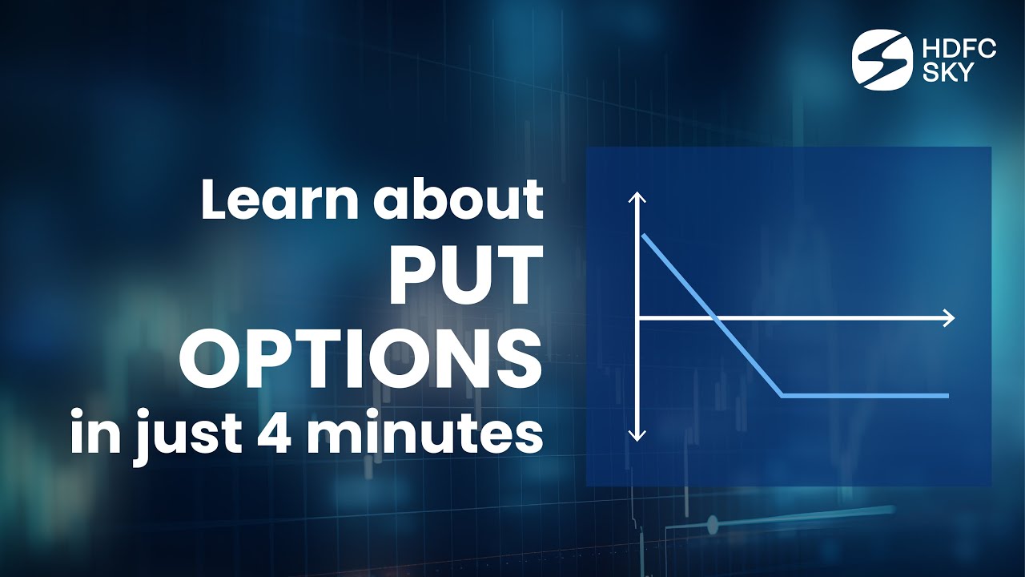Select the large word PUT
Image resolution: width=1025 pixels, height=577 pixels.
[462, 276]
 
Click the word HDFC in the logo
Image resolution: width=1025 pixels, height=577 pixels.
[959, 50]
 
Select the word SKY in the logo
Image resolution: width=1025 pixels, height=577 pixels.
[948, 72]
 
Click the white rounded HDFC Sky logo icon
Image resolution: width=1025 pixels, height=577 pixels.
[882, 60]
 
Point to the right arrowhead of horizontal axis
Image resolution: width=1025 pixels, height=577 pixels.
[951, 318]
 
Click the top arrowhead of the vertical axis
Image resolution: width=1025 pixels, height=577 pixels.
[637, 197]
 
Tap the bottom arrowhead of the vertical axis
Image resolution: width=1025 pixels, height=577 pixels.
[637, 436]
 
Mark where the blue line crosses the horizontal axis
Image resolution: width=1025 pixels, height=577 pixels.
[715, 318]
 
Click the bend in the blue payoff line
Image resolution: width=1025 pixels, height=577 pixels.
[781, 395]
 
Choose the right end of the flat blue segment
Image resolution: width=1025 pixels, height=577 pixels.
[947, 395]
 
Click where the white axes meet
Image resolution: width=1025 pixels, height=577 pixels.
[637, 318]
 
